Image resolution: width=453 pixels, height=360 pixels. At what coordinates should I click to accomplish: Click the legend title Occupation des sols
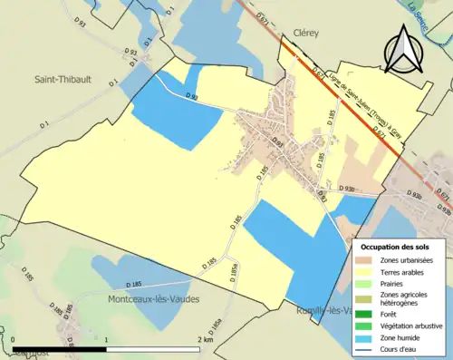coord(397,246)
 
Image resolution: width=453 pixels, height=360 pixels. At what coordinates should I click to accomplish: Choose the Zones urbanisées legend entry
coord(404,260)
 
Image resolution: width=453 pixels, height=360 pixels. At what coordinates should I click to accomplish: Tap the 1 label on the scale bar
coord(107,339)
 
